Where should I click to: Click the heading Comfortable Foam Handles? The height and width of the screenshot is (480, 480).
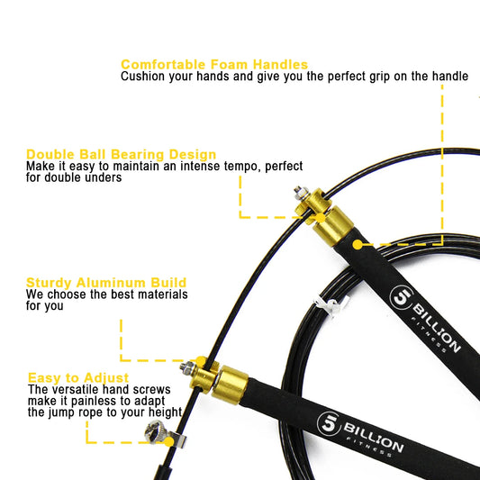214,65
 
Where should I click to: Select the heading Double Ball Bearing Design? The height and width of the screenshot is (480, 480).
121,154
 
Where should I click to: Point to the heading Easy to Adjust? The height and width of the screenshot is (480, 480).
78,377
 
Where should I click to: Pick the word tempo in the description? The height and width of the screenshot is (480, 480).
225,167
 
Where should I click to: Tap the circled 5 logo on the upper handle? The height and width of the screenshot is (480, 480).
400,299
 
